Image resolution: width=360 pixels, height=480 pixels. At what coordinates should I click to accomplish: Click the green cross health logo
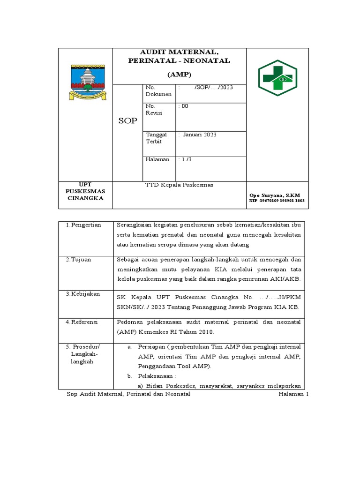(x=277, y=78)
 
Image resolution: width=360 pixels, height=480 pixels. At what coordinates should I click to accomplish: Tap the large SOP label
(x=127, y=121)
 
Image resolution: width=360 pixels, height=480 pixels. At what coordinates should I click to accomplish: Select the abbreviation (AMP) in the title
(x=180, y=75)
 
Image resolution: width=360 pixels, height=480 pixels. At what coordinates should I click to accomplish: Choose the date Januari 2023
(x=199, y=135)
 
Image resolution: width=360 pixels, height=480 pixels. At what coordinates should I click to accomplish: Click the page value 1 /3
(x=186, y=160)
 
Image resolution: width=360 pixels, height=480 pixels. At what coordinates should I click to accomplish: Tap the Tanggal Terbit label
(x=156, y=138)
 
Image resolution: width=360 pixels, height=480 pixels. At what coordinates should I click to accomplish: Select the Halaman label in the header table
(x=157, y=160)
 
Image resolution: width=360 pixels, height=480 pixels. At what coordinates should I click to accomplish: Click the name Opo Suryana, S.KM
(x=275, y=195)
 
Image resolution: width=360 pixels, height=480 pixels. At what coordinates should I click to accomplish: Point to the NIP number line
(x=277, y=201)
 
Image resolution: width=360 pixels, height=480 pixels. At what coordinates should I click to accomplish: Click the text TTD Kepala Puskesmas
(x=180, y=185)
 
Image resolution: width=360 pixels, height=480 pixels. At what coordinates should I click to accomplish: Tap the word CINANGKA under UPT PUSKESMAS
(x=85, y=198)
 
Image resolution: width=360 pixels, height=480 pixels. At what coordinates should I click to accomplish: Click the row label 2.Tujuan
(x=79, y=259)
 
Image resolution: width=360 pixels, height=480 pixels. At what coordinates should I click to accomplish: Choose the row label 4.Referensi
(x=83, y=322)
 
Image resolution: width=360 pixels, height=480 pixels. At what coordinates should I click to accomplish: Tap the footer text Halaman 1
(x=294, y=395)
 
